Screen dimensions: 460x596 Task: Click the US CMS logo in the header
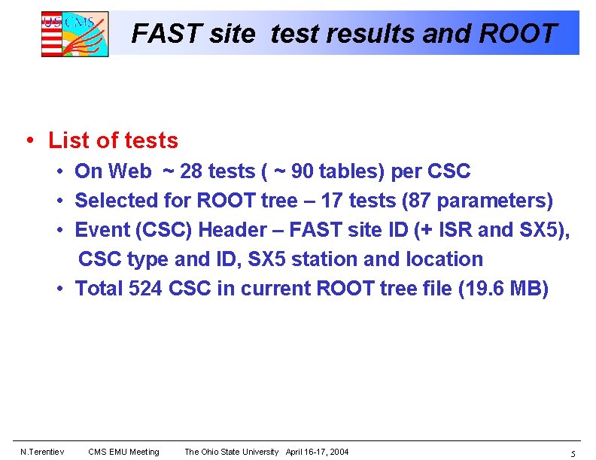(74, 34)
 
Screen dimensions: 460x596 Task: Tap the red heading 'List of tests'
(113, 141)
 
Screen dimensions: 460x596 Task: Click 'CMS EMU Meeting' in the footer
(123, 452)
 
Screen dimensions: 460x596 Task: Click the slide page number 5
(573, 453)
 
